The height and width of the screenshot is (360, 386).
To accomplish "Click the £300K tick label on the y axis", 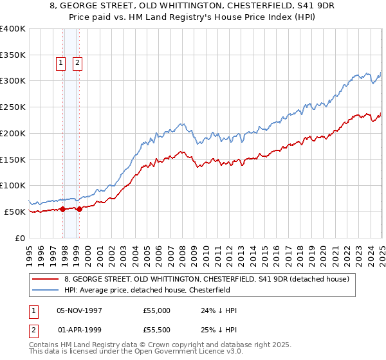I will [13, 81].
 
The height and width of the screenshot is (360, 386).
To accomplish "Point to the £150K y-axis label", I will [13, 159].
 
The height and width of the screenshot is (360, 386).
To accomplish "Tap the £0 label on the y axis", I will [20, 238].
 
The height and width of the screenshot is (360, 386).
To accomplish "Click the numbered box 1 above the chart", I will [60, 63].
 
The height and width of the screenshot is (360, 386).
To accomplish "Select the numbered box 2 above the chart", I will [77, 63].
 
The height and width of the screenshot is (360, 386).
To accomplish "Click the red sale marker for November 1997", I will [63, 209].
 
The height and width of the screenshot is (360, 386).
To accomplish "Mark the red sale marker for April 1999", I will [79, 209].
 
